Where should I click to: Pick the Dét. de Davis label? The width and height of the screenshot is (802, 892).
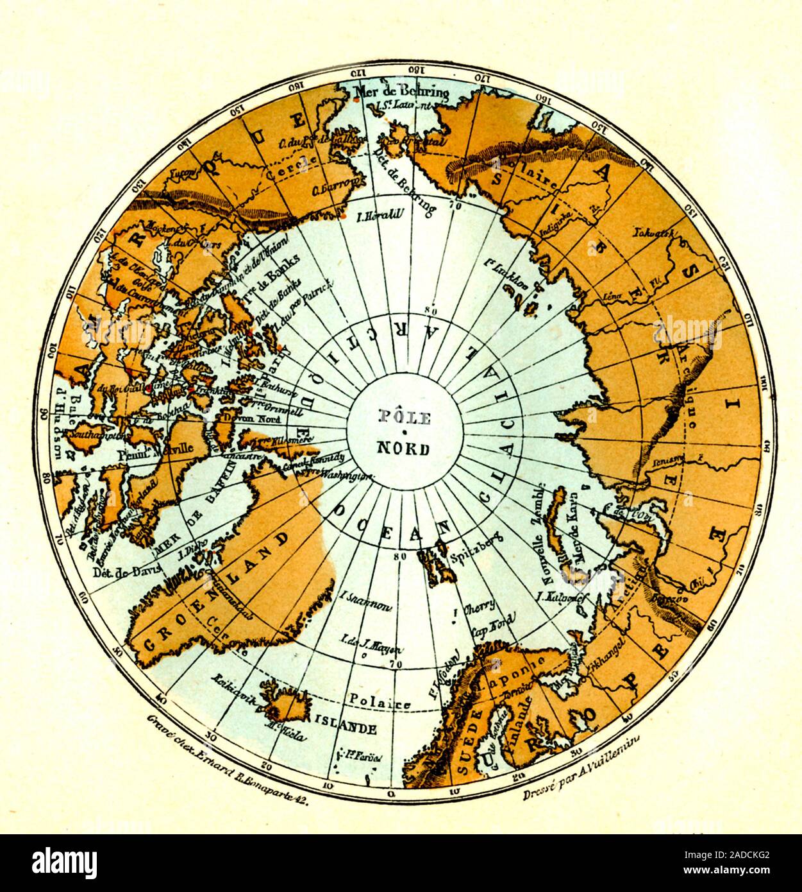tap(120, 572)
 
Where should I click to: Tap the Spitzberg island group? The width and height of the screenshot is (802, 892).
tap(435, 565)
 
